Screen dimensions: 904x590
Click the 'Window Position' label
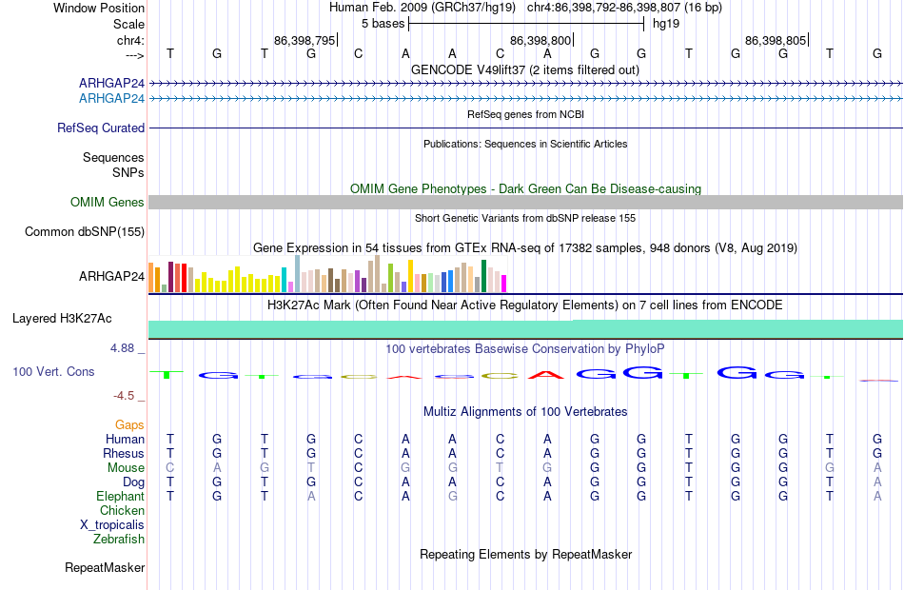pyautogui.click(x=99, y=8)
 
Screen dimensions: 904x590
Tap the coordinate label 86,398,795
pyautogui.click(x=305, y=40)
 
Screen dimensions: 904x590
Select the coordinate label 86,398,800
pyautogui.click(x=540, y=40)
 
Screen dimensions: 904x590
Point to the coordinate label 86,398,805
pyautogui.click(x=776, y=40)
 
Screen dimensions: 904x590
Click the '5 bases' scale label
pyautogui.click(x=383, y=24)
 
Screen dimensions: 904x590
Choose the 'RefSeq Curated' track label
pyautogui.click(x=101, y=128)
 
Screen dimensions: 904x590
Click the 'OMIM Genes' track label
pyautogui.click(x=108, y=202)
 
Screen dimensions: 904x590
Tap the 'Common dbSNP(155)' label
pyautogui.click(x=85, y=232)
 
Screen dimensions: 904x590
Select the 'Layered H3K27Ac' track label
pyautogui.click(x=62, y=319)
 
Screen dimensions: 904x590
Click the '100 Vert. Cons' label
pyautogui.click(x=53, y=372)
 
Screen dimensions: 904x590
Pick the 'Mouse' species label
pyautogui.click(x=126, y=468)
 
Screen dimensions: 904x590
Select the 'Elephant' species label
pyautogui.click(x=121, y=496)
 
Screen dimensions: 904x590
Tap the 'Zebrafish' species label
pyautogui.click(x=119, y=540)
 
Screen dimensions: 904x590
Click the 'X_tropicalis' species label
pyautogui.click(x=112, y=525)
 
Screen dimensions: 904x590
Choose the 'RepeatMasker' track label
pyautogui.click(x=105, y=567)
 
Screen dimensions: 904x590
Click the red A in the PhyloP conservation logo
pyautogui.click(x=546, y=375)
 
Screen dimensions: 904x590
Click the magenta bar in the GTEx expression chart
pyautogui.click(x=504, y=284)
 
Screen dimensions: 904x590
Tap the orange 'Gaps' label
pyautogui.click(x=129, y=425)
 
